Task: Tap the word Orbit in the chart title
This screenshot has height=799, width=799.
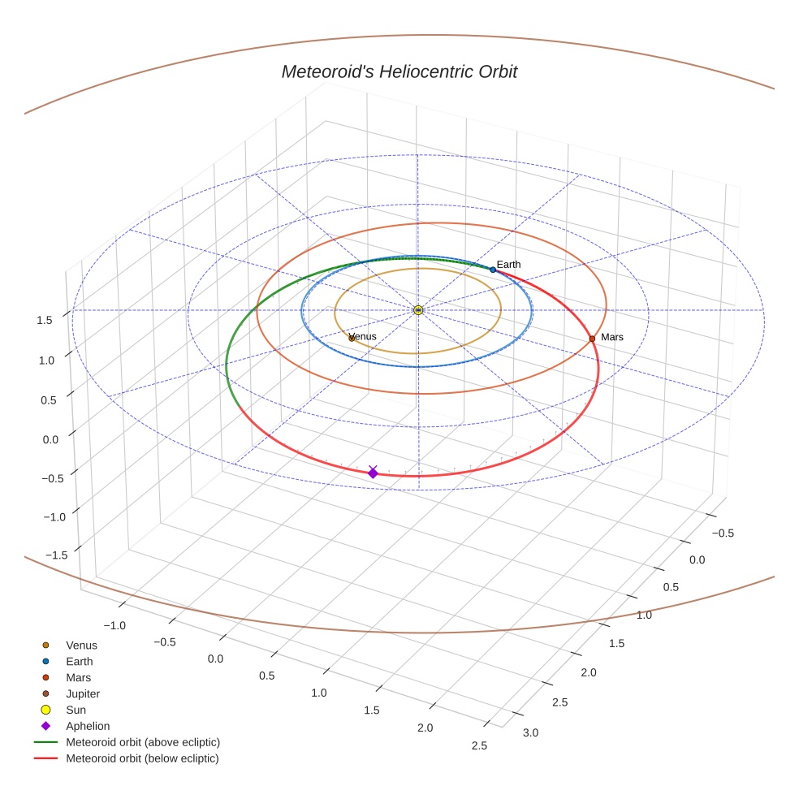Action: (x=497, y=72)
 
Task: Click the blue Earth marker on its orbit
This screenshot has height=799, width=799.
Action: (x=493, y=270)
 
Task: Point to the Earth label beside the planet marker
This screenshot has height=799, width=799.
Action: (x=509, y=265)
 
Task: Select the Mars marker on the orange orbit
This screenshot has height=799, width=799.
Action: (x=592, y=339)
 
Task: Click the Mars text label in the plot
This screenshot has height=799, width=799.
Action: (x=612, y=337)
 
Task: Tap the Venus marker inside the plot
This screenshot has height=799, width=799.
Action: (x=352, y=338)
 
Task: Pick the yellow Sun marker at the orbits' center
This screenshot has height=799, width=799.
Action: (x=418, y=310)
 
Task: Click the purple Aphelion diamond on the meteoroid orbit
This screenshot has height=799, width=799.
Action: (x=373, y=473)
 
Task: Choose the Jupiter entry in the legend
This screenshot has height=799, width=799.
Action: (x=83, y=694)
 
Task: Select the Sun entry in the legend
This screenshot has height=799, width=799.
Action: (x=76, y=710)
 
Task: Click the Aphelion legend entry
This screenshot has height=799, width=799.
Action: (x=87, y=727)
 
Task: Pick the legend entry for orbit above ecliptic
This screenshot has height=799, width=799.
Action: (x=142, y=742)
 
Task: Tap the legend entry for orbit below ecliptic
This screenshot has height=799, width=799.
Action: (x=142, y=758)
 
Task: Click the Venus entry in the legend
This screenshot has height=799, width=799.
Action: (x=81, y=646)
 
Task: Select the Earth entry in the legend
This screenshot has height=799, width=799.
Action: (x=79, y=662)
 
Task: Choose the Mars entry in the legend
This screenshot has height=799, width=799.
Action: (x=78, y=678)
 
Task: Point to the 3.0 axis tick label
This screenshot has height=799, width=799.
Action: (x=530, y=733)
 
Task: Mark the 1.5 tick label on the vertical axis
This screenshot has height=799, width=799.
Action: (x=45, y=321)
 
